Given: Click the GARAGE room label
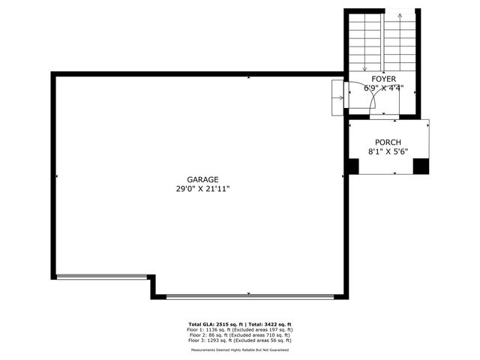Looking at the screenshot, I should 202,179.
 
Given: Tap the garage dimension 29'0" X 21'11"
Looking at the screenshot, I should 198,189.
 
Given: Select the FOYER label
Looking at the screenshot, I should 383,78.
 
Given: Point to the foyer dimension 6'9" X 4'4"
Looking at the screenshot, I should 383,88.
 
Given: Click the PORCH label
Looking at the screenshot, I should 388,142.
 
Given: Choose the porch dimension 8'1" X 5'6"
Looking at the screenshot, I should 388,151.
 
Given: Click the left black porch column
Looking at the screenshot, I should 352,166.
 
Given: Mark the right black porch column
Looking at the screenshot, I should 421,166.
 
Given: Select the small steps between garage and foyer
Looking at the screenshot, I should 337,97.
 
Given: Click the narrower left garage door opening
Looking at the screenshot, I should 102,276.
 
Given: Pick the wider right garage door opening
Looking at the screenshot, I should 250,296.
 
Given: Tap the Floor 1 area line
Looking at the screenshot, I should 240,329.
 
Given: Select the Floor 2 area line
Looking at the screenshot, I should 240,334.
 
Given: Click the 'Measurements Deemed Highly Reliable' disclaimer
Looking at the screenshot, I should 240,349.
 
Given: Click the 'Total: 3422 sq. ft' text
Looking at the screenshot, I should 268,324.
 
